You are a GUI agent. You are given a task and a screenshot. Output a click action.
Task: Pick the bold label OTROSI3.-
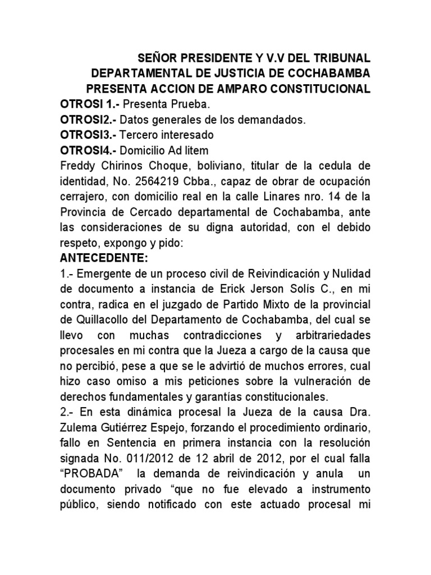[88, 135]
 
